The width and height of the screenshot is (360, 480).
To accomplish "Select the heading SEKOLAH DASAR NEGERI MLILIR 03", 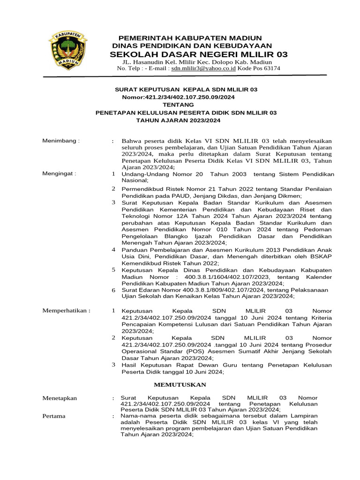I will tap(199, 54).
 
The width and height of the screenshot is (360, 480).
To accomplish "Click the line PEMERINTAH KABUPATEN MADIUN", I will tap(190, 37).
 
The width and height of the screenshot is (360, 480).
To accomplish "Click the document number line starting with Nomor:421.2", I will tap(178, 97).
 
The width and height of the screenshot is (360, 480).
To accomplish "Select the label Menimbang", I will tap(61, 141).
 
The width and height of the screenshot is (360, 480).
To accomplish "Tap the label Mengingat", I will tap(59, 173).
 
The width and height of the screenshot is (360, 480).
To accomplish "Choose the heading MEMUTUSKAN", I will tap(180, 385).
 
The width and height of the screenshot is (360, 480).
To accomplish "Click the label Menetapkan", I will tap(60, 398).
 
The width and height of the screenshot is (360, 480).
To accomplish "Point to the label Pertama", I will tap(54, 416).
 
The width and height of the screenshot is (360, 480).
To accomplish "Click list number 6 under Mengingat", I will tap(113, 291).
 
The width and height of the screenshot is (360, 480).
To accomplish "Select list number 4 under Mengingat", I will tap(113, 250).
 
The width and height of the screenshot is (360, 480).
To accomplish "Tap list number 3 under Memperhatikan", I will tap(113, 364).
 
